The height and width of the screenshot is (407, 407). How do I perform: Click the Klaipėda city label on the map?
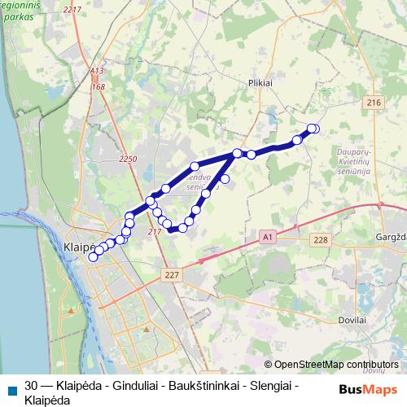(x=80, y=245)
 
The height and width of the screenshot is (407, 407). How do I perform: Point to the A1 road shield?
(x=266, y=236)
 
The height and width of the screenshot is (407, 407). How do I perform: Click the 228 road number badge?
(x=321, y=239)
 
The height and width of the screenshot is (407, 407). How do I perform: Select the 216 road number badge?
(x=374, y=103)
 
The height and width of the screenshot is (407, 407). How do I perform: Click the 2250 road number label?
(x=128, y=159)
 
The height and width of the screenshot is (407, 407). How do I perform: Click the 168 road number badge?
(x=98, y=86)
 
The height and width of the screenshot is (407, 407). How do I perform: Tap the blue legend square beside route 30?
(x=11, y=387)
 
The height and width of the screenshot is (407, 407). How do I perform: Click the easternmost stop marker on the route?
(x=314, y=129)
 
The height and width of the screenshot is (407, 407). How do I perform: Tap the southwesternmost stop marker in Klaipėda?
(x=93, y=256)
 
